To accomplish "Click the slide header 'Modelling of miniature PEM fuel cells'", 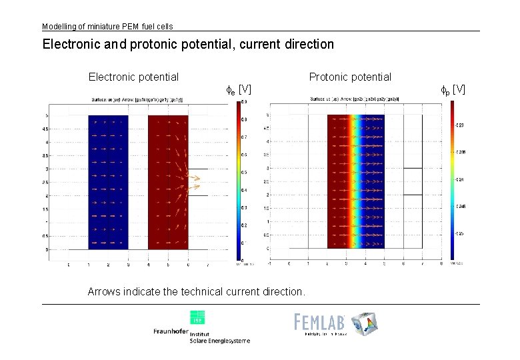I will coord(107,27).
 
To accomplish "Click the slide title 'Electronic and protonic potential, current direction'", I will coord(188,45).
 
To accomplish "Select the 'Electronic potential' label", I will coord(133,77).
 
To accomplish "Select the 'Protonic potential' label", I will coord(350,77).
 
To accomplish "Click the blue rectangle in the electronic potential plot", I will coord(108,182).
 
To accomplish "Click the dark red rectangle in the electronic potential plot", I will coord(168,182).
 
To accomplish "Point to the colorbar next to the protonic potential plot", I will coord(453,179).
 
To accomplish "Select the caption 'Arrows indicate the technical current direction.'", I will coord(197,292).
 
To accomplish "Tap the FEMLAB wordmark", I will coord(321,322).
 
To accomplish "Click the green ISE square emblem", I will coord(197,317).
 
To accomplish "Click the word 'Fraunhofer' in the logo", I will coord(171,331).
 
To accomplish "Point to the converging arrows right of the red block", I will coord(194,177).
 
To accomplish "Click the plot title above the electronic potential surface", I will coord(139,100).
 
